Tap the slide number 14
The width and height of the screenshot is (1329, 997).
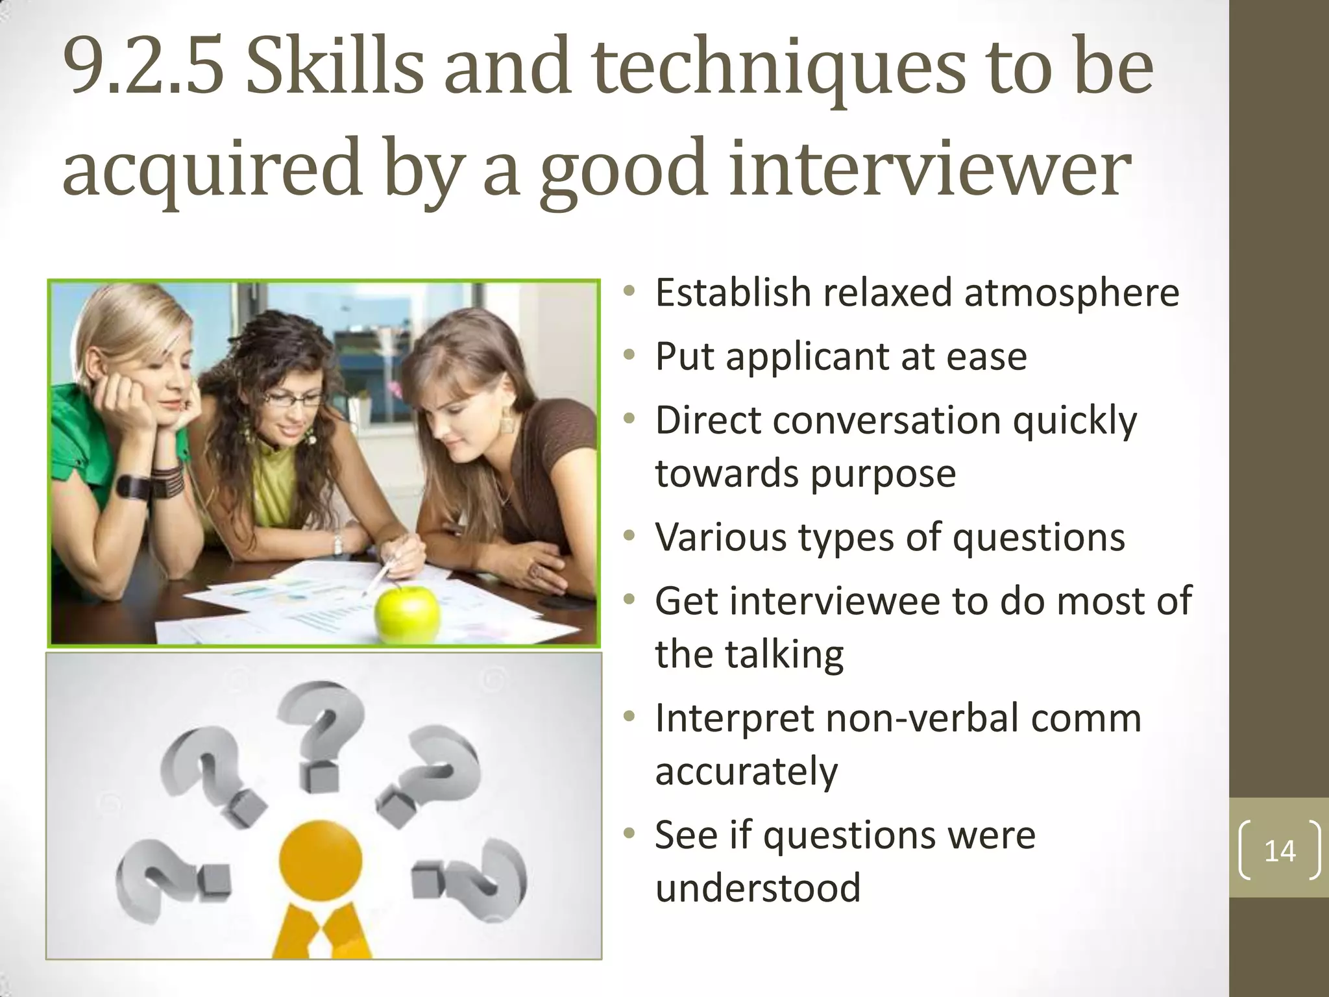[x=1280, y=851]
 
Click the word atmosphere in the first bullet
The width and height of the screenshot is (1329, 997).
[x=1071, y=293]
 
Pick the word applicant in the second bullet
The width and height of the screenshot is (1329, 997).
[x=807, y=357]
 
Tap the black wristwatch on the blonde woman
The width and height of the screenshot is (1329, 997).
[x=133, y=486]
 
